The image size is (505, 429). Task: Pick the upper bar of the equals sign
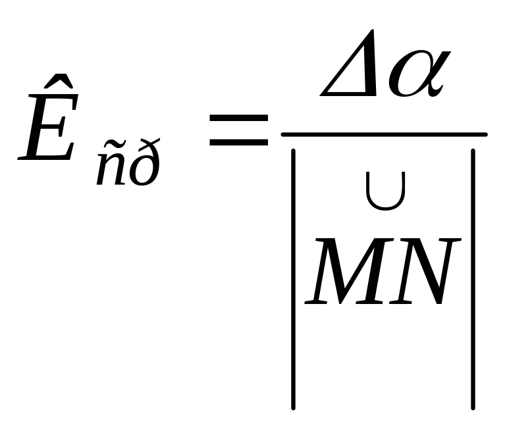click(x=240, y=118)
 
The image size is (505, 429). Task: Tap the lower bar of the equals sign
click(x=240, y=140)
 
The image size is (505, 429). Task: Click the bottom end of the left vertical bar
click(x=294, y=405)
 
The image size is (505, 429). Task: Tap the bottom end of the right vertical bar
click(x=473, y=405)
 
